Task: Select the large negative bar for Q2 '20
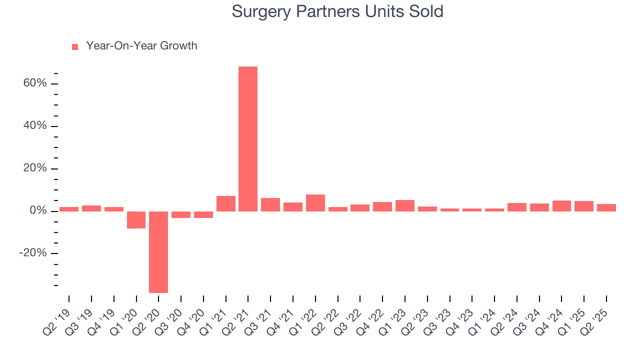click(x=158, y=252)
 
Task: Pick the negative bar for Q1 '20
click(x=136, y=219)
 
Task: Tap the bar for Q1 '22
click(x=315, y=202)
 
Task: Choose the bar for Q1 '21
click(x=225, y=203)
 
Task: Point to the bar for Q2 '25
click(x=606, y=207)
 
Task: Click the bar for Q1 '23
click(x=404, y=205)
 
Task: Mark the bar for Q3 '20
click(x=181, y=214)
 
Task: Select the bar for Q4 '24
click(x=561, y=206)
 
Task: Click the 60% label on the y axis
click(x=35, y=83)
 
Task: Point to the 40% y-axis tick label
click(x=35, y=125)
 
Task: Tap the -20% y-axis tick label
click(x=33, y=253)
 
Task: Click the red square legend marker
click(x=75, y=46)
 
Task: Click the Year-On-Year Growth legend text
click(x=141, y=46)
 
